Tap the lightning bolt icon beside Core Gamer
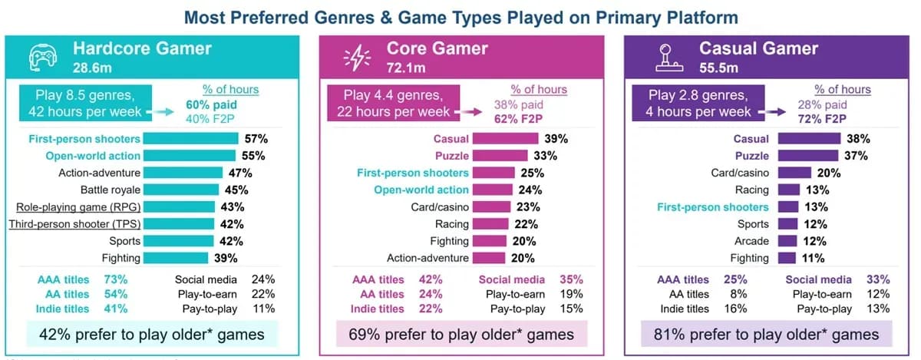[x=357, y=57]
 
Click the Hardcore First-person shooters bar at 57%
[x=191, y=139]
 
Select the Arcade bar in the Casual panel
[x=790, y=241]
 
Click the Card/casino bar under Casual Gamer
[x=799, y=173]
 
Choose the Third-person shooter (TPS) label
[x=74, y=224]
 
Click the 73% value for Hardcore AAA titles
[x=116, y=279]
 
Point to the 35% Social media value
[x=571, y=279]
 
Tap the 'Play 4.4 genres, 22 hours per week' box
[x=393, y=103]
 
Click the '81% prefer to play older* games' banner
[x=765, y=334]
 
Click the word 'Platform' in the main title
[x=696, y=17]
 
